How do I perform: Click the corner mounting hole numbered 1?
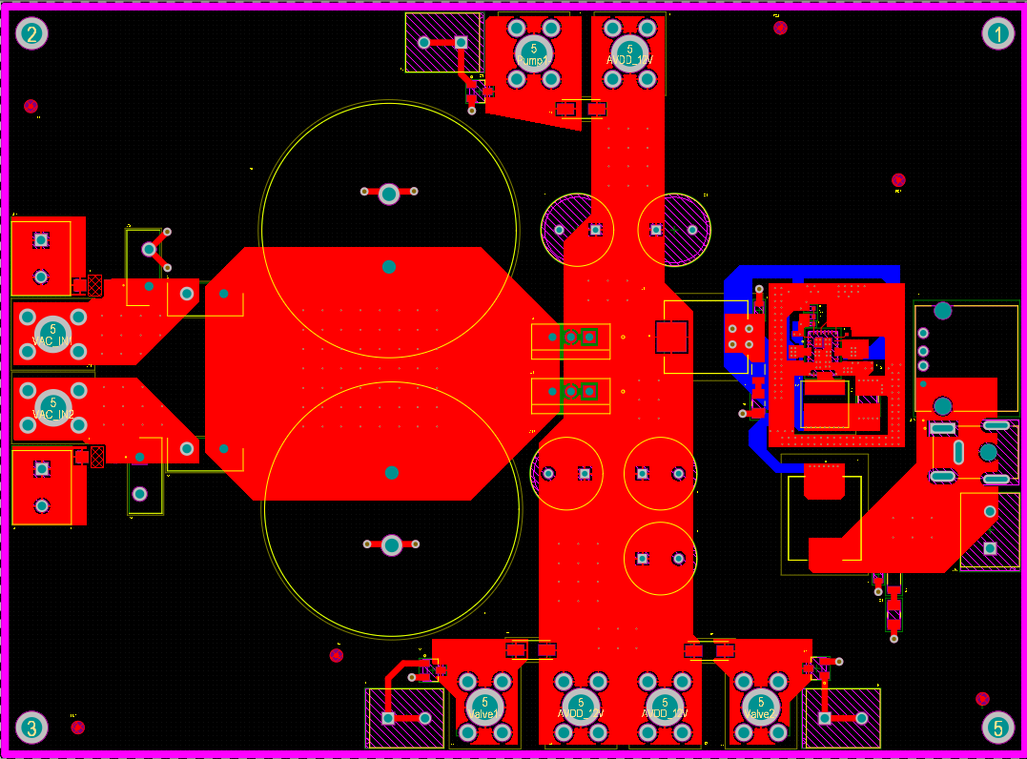997,34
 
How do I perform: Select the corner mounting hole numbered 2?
31,34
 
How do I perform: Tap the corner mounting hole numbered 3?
31,728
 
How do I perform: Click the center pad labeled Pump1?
533,51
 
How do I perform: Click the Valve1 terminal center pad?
484,707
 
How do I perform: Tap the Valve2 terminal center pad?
760,707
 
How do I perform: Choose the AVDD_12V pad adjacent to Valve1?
581,707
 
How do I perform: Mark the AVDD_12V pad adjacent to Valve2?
665,707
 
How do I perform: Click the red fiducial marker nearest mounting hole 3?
78,727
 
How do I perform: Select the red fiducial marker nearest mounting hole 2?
31,106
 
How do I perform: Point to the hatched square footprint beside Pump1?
443,42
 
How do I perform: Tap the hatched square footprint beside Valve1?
405,718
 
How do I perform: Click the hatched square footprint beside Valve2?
842,718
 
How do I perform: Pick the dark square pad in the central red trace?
671,336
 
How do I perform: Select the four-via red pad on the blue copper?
741,336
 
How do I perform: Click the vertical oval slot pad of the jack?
958,452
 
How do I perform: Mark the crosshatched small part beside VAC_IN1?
95,284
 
